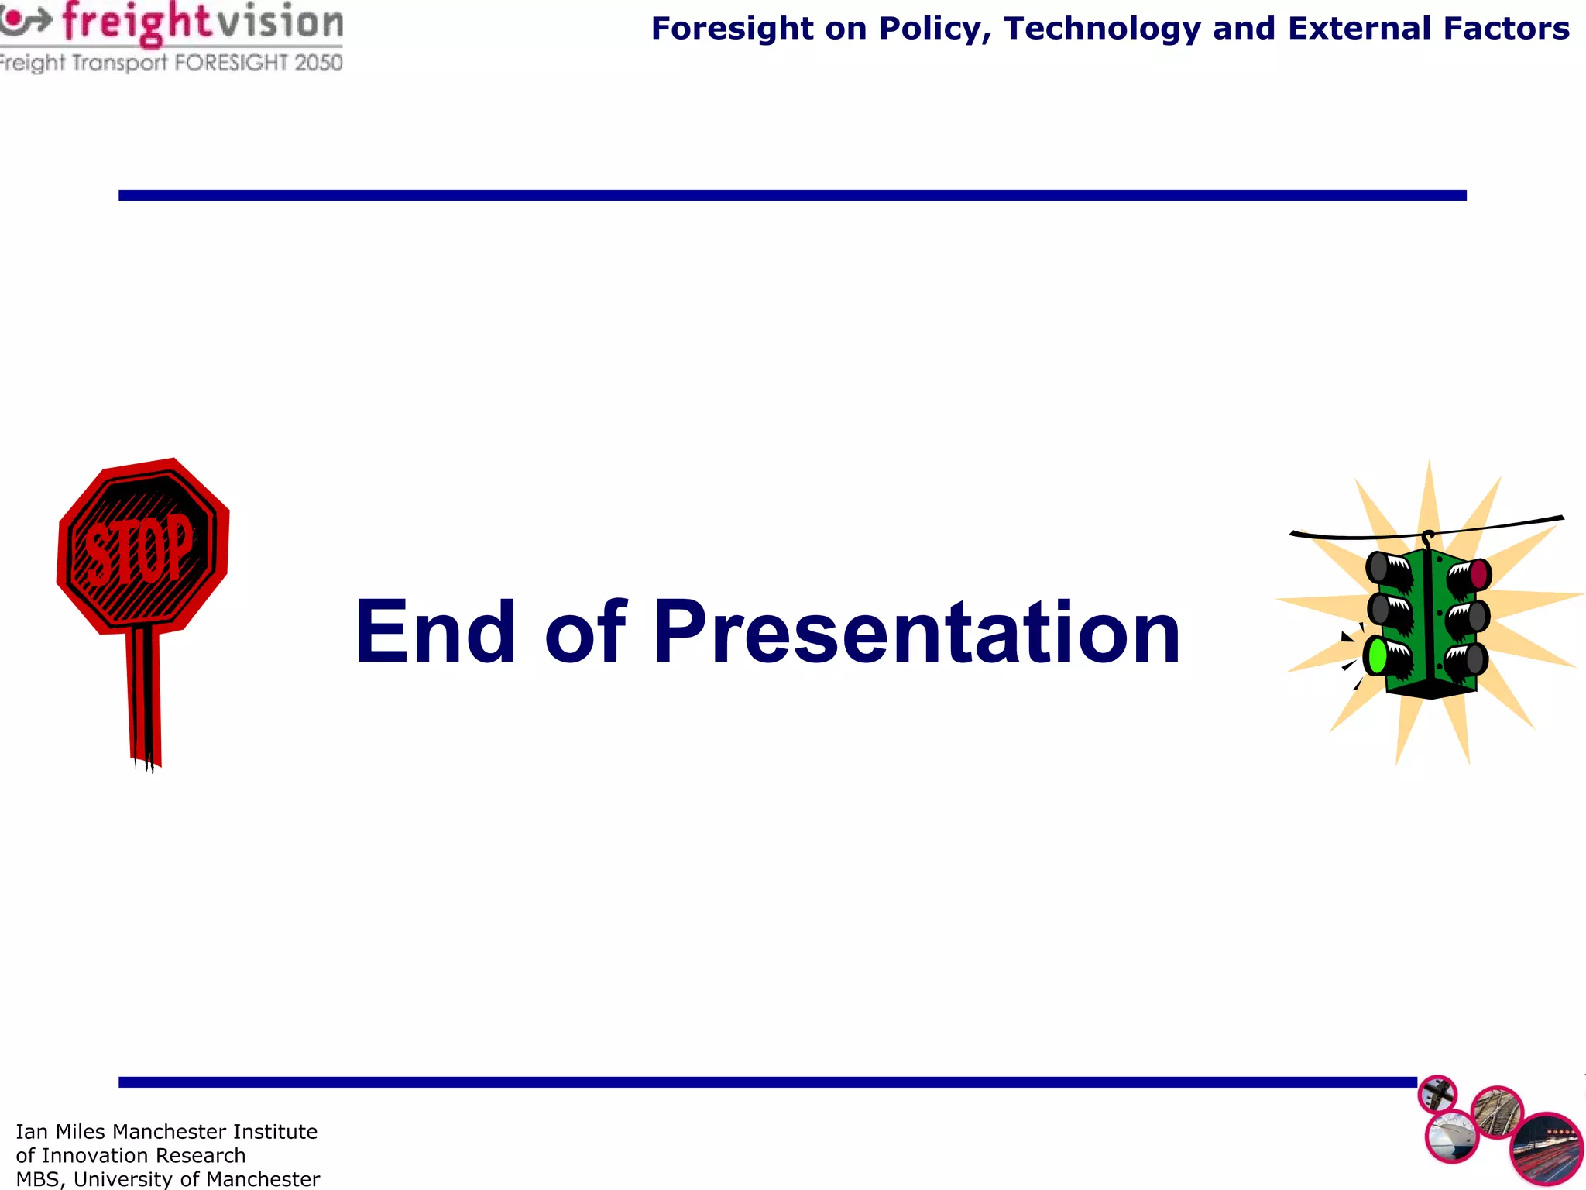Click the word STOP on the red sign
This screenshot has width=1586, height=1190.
(x=139, y=550)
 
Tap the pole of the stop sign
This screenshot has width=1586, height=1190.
(x=144, y=697)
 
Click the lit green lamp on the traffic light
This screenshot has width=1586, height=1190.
(x=1377, y=656)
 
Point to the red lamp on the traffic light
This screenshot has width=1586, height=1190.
(x=1478, y=574)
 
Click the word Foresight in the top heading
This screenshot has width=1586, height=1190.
(x=732, y=29)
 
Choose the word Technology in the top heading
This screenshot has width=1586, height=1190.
(x=1102, y=29)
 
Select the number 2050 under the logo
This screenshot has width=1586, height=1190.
(x=318, y=63)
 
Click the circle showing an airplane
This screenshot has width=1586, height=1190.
(x=1437, y=1095)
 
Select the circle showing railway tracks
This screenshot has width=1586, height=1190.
(x=1497, y=1113)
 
